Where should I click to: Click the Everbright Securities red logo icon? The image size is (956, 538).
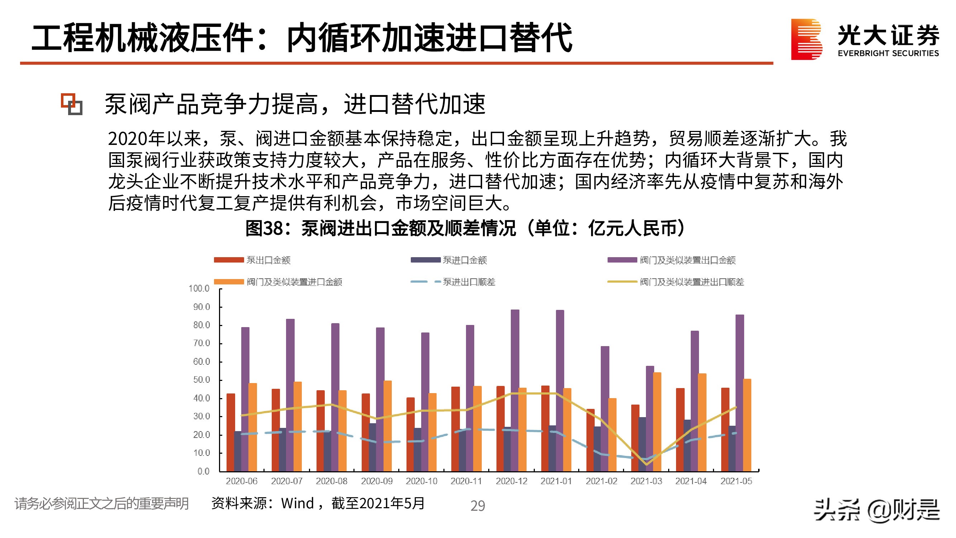(x=806, y=39)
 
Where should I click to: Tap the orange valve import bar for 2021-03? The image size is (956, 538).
(x=657, y=422)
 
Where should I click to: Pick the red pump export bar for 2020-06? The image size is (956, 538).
(x=231, y=433)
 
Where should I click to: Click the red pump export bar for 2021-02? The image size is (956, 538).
(x=590, y=440)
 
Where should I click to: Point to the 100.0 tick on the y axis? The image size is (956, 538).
(x=199, y=288)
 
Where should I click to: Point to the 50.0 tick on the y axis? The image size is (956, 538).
(x=201, y=380)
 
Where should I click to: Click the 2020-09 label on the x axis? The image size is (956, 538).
(x=377, y=481)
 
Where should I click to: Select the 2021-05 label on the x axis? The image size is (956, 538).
(x=736, y=481)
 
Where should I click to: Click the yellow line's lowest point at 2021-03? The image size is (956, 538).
(x=647, y=464)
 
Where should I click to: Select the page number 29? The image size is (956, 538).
(x=477, y=506)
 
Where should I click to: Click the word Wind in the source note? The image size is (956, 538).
(x=298, y=504)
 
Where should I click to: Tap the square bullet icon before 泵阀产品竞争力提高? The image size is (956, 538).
(x=72, y=104)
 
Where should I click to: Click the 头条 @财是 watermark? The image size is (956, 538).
(x=876, y=510)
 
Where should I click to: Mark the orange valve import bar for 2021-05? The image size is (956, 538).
(x=747, y=425)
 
